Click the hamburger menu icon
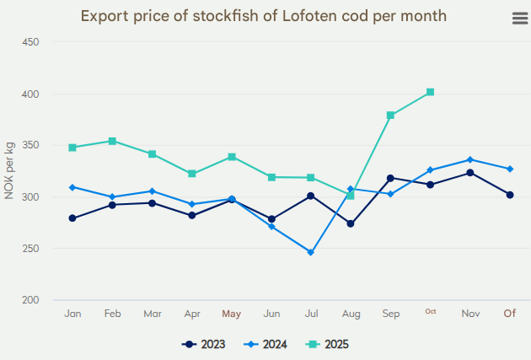point(519,19)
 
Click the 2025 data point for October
point(430,92)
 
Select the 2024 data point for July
point(310,252)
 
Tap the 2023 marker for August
point(351,223)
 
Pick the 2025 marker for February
point(112,141)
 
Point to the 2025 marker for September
point(390,115)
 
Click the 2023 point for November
point(470,173)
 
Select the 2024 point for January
point(72,187)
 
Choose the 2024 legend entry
point(268,344)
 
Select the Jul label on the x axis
point(311,314)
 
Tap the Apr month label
point(191,314)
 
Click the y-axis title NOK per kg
point(9,171)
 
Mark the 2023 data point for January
point(72,218)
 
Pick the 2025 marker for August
point(351,196)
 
